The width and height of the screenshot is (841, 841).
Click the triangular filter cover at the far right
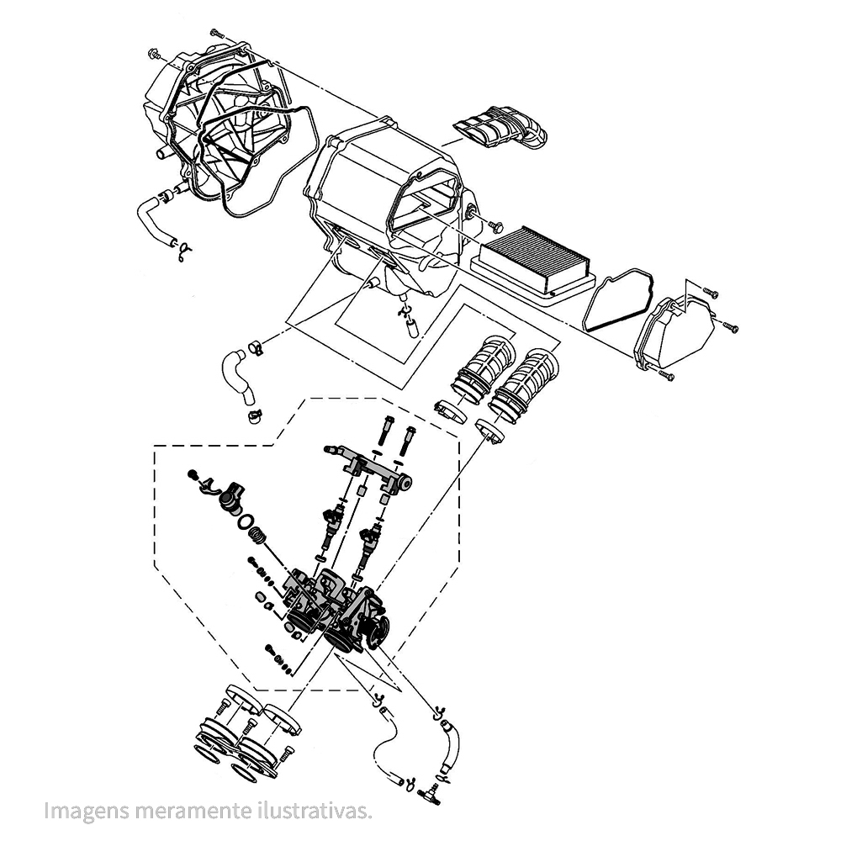click(677, 332)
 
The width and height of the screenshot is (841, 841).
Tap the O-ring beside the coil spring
click(246, 523)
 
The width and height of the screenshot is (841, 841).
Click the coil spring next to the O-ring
click(262, 535)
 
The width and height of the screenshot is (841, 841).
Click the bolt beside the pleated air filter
click(494, 225)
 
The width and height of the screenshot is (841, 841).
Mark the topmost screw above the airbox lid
click(214, 31)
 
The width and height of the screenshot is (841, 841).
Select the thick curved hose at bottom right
click(450, 743)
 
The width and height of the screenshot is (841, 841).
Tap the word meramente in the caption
click(178, 812)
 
